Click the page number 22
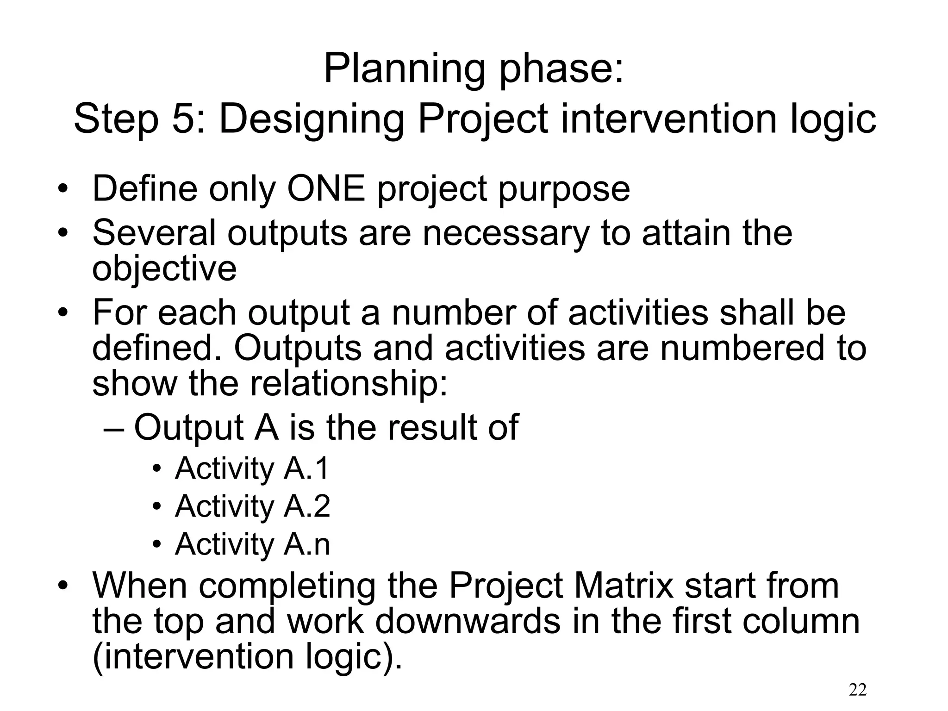coord(858,690)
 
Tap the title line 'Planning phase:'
coord(474,69)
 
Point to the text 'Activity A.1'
coord(252,468)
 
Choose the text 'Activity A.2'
coord(252,506)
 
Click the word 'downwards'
coord(468,621)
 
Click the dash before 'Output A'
coord(114,429)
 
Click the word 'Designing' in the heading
coord(312,119)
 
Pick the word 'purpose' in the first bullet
coord(564,190)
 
